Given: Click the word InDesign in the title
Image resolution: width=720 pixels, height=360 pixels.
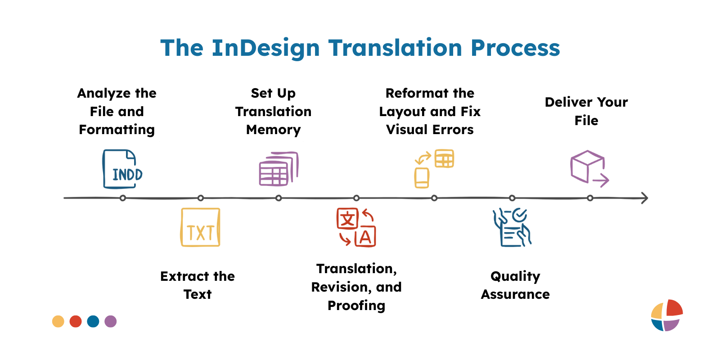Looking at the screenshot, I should coord(265,48).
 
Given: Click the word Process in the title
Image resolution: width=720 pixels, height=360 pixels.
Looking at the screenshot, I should coord(515,48).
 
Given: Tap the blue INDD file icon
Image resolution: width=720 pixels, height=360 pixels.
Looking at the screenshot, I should coord(122,169).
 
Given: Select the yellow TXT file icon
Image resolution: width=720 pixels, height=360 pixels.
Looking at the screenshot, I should coord(200,227).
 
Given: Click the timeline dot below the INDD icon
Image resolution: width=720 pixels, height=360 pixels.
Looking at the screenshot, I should coord(123,198).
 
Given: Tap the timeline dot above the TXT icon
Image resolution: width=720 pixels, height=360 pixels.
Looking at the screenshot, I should coord(201,198).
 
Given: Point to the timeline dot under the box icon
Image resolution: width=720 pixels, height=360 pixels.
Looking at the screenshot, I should coord(590,198).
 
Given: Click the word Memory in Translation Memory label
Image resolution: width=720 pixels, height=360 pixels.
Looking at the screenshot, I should coord(273,130).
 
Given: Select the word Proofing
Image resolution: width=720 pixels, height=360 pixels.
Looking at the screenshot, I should coord(356,306).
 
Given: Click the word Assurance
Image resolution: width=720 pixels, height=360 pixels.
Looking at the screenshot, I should coord(515,294).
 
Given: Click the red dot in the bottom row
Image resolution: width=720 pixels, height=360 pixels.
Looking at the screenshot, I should coord(76,321).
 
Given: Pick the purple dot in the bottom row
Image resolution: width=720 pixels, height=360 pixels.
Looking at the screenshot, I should coord(111,321).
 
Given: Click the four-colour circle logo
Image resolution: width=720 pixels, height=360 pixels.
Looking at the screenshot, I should coord(666,315).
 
